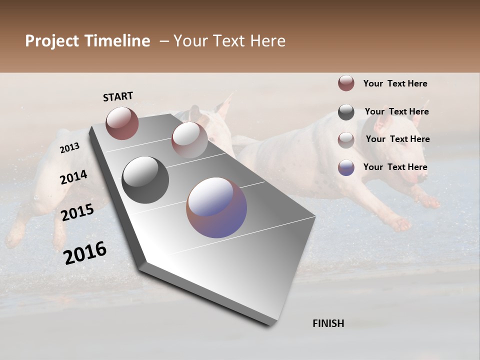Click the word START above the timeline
(x=118, y=96)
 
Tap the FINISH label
(x=328, y=323)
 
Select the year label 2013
(x=70, y=147)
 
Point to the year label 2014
(x=74, y=177)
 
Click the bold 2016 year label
(x=85, y=253)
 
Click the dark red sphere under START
(x=122, y=123)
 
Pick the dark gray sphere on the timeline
(x=145, y=180)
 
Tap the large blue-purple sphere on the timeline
(x=216, y=207)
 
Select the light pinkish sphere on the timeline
(x=189, y=139)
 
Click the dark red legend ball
(x=346, y=83)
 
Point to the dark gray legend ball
(x=346, y=112)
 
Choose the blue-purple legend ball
(x=346, y=167)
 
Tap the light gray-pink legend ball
(x=346, y=140)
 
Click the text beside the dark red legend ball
(x=395, y=83)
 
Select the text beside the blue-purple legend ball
(x=395, y=167)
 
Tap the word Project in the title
(x=52, y=41)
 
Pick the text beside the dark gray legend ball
(x=396, y=111)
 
